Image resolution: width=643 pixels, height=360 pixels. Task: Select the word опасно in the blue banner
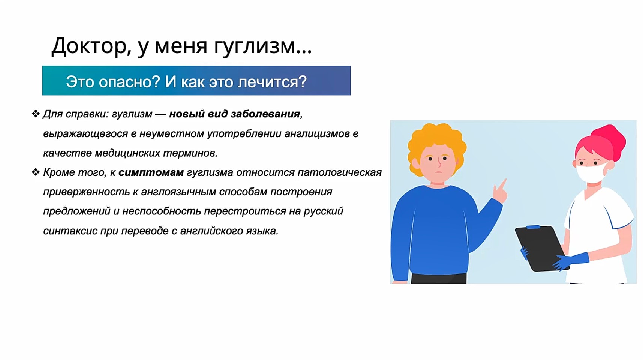[129, 82]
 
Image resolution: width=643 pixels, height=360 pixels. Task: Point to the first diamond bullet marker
[36, 113]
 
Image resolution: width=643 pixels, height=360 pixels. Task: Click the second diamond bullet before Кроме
[36, 172]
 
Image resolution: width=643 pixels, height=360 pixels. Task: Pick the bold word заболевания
[265, 114]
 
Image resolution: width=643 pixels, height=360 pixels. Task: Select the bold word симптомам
[151, 172]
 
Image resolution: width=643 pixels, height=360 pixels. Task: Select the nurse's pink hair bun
[609, 137]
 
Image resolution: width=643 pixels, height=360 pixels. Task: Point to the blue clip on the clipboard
[533, 227]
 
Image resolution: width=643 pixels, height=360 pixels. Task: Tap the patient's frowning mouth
[439, 172]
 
